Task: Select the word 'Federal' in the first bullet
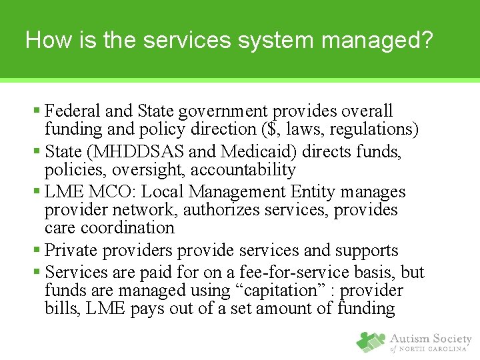pos(71,111)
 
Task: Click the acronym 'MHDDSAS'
pos(137,152)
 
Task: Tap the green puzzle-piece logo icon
pos(371,341)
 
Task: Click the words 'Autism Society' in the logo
pos(431,339)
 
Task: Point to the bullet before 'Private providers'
pos(37,251)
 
